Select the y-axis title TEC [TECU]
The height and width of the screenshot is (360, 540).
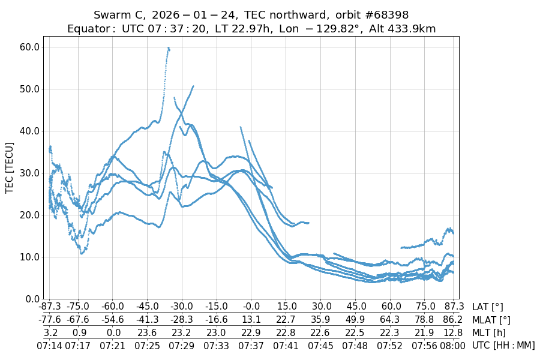click(x=9, y=167)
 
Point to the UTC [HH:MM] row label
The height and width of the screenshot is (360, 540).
click(x=503, y=345)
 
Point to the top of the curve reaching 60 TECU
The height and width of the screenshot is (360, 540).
click(x=169, y=48)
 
